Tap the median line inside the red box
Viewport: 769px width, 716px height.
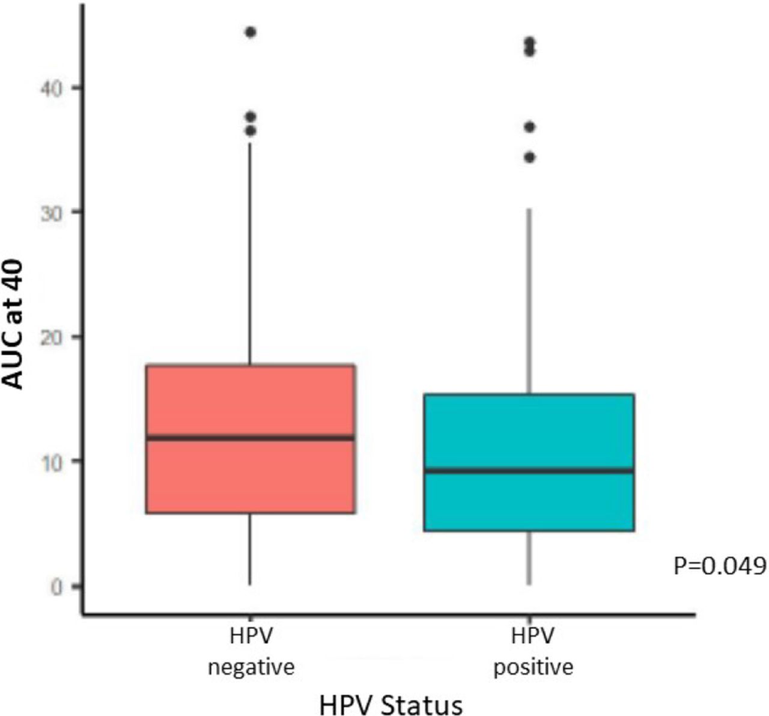251,437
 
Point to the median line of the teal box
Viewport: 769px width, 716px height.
529,470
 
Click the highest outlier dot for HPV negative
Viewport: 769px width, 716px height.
251,32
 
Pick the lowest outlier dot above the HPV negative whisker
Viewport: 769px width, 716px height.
251,130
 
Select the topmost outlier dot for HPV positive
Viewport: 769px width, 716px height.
529,42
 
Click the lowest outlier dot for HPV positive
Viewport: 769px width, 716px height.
529,158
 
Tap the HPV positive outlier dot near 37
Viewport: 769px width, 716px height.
529,127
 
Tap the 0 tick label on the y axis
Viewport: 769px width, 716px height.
58,586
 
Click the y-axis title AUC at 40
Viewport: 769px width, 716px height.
14,325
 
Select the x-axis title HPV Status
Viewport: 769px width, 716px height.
391,704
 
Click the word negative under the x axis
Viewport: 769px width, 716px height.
251,667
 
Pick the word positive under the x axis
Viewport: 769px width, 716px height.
533,667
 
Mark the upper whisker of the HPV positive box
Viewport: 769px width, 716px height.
529,301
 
